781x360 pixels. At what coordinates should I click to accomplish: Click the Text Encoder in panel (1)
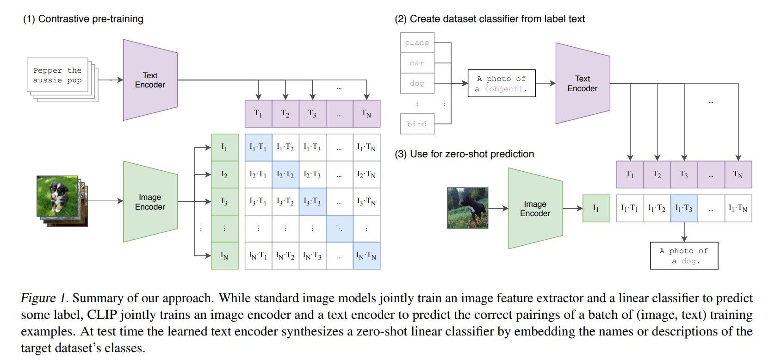tap(150, 80)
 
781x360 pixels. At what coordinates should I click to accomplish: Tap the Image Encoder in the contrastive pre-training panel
tap(150, 202)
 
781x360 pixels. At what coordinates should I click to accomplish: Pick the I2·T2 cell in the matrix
tap(285, 174)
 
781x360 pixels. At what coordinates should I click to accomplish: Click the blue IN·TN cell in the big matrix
tap(366, 255)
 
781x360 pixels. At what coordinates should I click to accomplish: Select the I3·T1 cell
tap(258, 201)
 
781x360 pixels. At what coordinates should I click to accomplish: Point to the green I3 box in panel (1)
tap(224, 201)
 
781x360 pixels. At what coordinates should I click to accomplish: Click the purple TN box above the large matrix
tap(366, 114)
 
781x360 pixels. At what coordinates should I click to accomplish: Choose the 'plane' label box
tap(417, 43)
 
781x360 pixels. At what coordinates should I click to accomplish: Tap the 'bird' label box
tap(417, 124)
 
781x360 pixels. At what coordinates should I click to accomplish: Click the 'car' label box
tap(417, 63)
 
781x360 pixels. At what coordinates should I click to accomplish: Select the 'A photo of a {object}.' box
tap(502, 84)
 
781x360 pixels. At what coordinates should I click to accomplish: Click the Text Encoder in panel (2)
tap(583, 84)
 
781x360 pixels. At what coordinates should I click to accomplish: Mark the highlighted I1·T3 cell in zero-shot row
tap(684, 208)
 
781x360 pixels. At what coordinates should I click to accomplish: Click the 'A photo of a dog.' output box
tap(684, 255)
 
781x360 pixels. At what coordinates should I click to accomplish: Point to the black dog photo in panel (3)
tap(467, 208)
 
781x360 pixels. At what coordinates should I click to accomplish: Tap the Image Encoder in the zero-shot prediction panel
tap(535, 209)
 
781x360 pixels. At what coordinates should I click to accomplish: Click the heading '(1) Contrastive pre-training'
tap(83, 19)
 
